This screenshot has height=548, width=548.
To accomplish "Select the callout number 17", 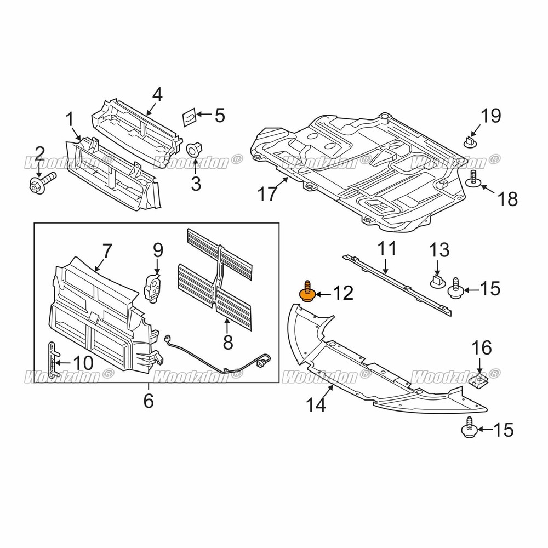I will coord(269,194).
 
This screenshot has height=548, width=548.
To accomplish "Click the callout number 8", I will coord(228,343).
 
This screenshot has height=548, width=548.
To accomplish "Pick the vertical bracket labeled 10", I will coord(52,359).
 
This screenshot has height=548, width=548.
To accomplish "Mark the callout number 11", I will coord(387,249).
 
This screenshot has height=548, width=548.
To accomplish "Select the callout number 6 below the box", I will coord(149,401).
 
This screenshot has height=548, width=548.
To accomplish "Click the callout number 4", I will coord(157,94).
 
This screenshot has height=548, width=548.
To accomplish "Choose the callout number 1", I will coord(70,119).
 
